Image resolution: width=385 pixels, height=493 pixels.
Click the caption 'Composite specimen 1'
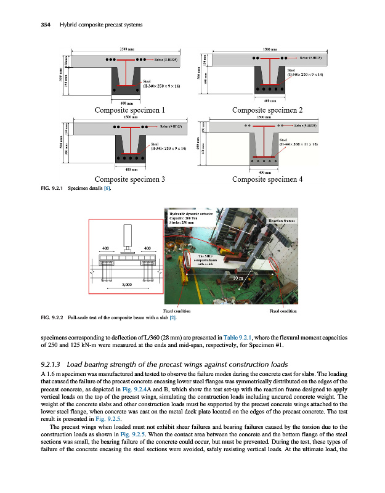129,110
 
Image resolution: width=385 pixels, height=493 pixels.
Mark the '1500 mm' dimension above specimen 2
269,49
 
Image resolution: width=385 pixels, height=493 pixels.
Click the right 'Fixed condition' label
284,311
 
